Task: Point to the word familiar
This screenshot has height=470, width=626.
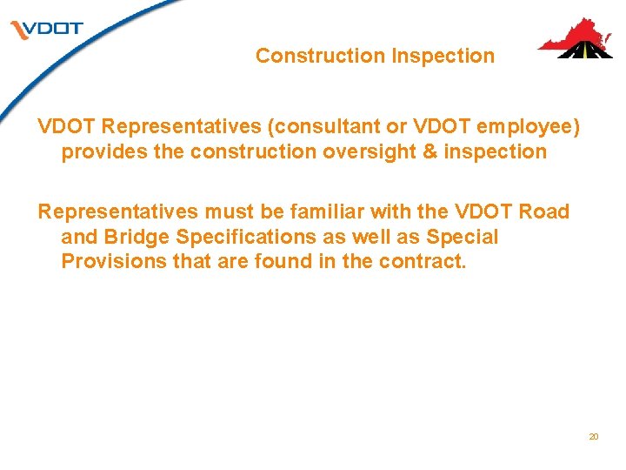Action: tap(302, 211)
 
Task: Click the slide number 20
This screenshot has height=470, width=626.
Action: tap(594, 436)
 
